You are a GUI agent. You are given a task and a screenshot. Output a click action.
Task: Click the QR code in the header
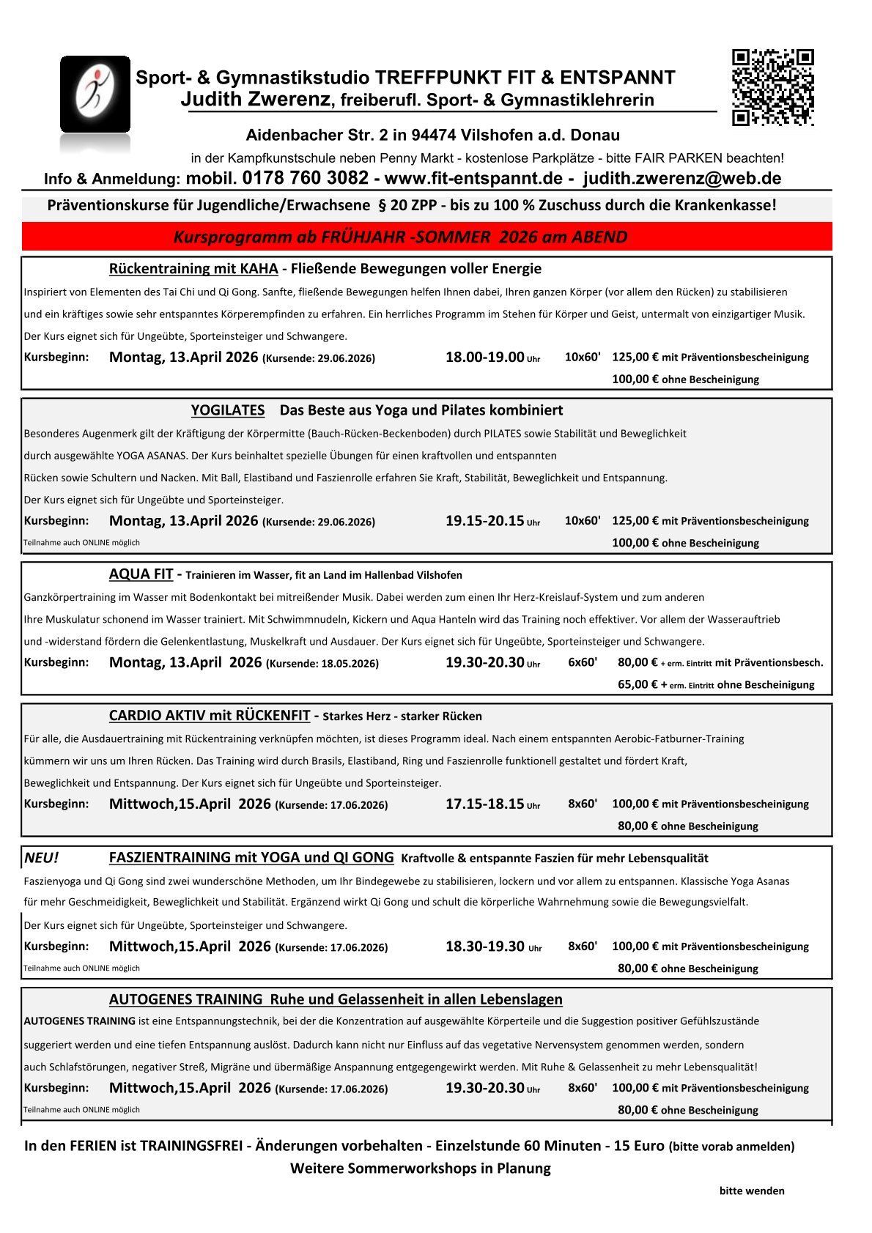coord(773,87)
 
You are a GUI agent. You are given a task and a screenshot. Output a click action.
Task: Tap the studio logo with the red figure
coord(95,95)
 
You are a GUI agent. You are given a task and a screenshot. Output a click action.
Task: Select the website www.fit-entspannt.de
coord(473,179)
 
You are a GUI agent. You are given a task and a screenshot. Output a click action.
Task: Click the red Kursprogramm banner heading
coord(400,237)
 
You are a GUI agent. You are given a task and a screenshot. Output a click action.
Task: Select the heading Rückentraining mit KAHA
coord(193,269)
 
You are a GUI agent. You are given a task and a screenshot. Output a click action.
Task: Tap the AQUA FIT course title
coord(141,574)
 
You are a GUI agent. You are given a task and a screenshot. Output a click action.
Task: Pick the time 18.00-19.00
coord(484,358)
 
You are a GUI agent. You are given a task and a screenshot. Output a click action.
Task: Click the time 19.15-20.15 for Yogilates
coord(484,521)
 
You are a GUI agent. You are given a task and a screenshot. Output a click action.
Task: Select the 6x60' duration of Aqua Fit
coord(583,662)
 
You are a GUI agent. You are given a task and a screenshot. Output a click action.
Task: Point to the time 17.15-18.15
coord(484,804)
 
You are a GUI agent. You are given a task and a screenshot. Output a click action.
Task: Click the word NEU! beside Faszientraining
coord(41,858)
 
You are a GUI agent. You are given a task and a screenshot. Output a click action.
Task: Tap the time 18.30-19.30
coord(484,946)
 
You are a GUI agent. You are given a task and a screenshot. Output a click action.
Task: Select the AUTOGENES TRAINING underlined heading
coord(185,999)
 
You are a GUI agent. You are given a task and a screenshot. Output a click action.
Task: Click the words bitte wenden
coord(752,1191)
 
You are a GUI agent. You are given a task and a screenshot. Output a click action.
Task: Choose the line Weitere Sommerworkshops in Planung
coord(420,1168)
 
